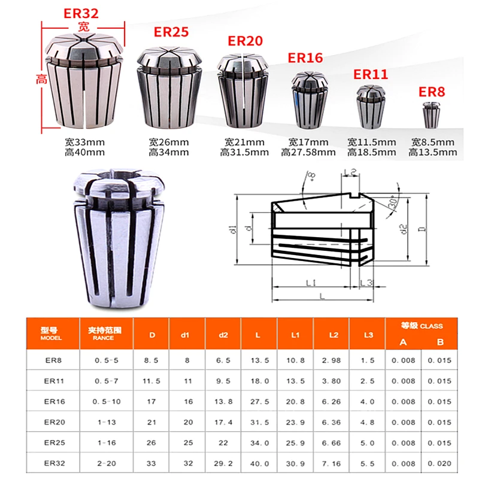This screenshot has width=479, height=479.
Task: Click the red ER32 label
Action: click(x=81, y=13)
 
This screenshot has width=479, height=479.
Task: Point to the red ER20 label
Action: click(x=245, y=41)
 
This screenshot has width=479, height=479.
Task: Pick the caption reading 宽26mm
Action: click(x=168, y=143)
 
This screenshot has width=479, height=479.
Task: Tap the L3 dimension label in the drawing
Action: click(x=367, y=283)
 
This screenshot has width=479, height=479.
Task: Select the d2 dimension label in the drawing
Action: click(x=404, y=229)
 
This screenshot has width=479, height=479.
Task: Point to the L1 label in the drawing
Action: click(x=310, y=283)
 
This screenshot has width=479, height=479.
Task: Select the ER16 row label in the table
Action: click(x=53, y=402)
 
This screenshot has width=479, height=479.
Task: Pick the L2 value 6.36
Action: click(x=331, y=423)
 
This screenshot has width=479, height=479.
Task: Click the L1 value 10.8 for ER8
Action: click(x=295, y=360)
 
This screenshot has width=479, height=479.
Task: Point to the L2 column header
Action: click(x=331, y=334)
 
